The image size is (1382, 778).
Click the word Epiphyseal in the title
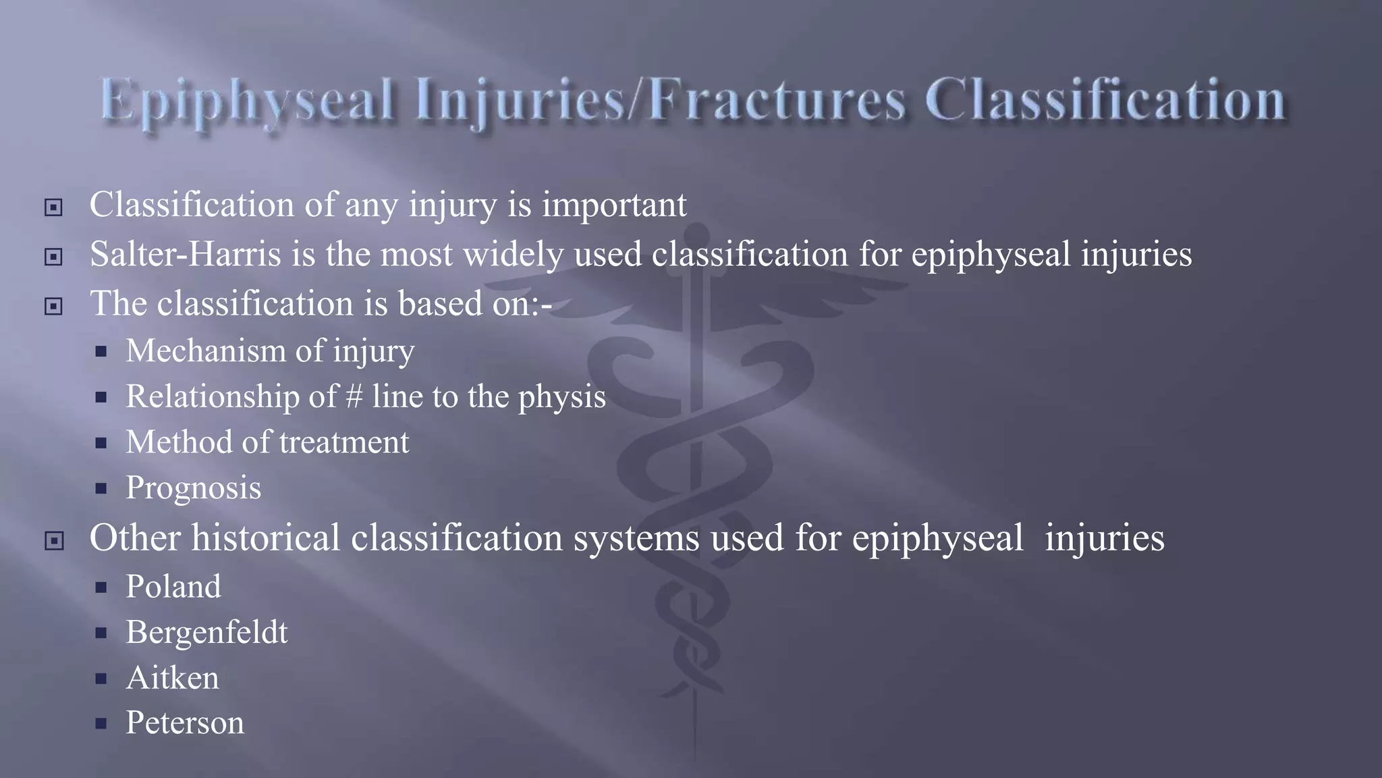click(246, 101)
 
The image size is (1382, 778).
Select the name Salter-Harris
click(185, 255)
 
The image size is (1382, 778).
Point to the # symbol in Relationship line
click(354, 396)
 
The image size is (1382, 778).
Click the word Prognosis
click(193, 488)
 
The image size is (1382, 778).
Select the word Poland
click(173, 586)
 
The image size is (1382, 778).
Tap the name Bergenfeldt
click(206, 633)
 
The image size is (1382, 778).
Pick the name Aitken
click(172, 678)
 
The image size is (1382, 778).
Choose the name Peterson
click(184, 723)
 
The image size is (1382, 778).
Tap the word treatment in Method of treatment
click(344, 442)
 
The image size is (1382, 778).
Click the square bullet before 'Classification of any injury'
click(53, 207)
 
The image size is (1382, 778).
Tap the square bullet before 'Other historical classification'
click(53, 541)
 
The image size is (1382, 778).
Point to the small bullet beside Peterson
click(101, 724)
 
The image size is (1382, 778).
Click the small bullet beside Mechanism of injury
click(101, 352)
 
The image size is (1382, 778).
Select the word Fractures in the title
click(776, 101)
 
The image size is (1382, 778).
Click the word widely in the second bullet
click(513, 255)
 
